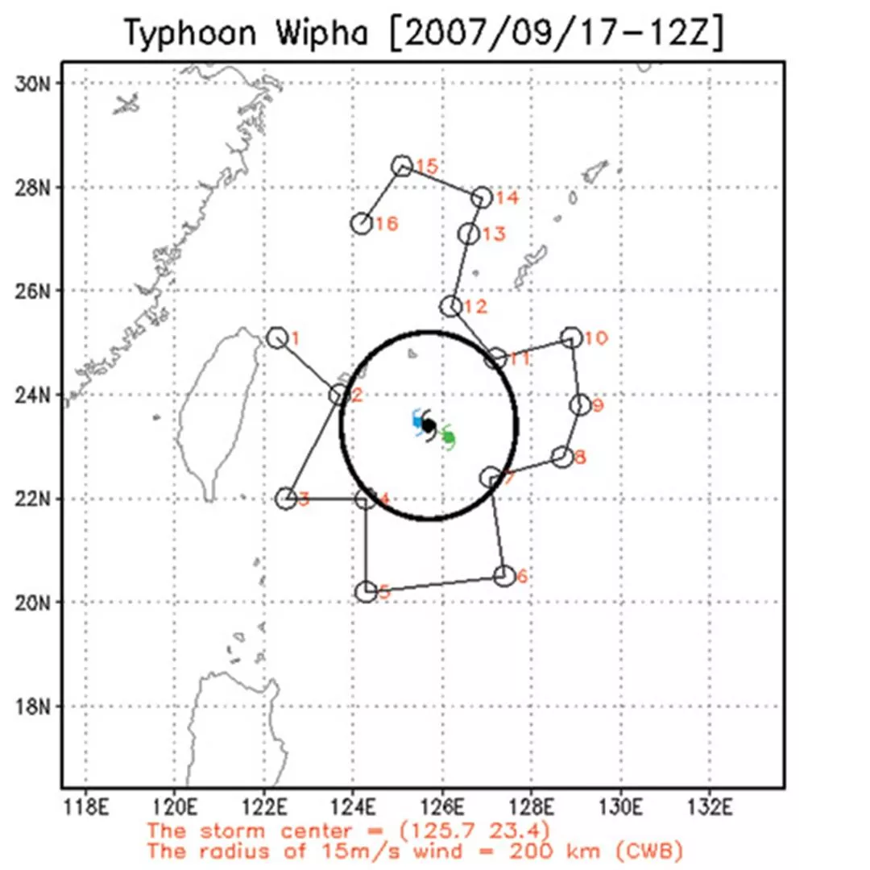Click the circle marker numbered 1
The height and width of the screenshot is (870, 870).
coord(277,338)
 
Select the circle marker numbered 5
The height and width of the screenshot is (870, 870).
coord(366,592)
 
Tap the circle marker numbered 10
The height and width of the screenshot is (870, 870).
coord(571,338)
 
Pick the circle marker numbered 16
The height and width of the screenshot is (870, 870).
coord(362,223)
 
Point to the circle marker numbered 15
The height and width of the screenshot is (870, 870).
coord(402,166)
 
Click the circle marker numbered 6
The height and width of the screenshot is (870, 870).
coord(504,575)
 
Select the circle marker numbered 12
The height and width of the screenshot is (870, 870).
coord(451,306)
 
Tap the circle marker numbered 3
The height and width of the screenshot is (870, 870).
coord(286,499)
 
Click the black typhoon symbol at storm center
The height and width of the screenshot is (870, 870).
coord(429,425)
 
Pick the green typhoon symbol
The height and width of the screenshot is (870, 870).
coord(449,437)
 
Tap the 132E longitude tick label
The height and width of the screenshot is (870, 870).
coord(710,806)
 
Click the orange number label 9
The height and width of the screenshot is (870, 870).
coord(597,406)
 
